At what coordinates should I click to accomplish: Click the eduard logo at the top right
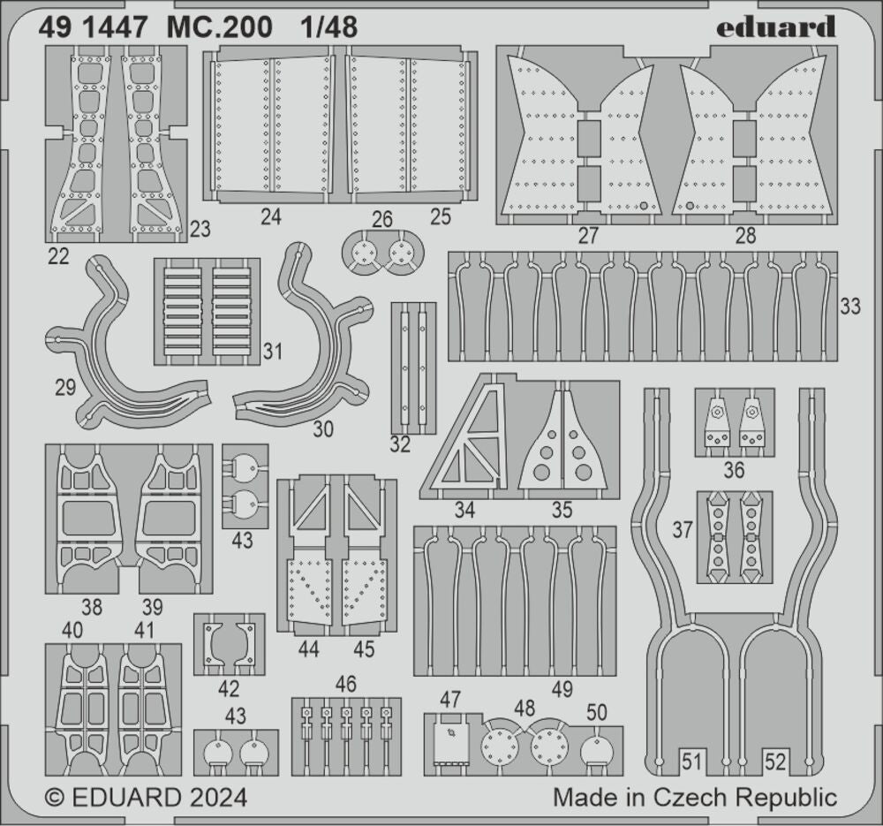click(775, 27)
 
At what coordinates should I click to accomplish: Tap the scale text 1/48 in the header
click(328, 27)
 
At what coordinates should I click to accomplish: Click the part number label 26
click(382, 218)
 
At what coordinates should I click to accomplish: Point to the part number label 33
click(850, 307)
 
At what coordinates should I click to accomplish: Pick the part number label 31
click(273, 352)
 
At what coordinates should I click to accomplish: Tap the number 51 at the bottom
click(693, 762)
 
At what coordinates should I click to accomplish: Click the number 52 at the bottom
click(775, 762)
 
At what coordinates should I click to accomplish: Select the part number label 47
click(450, 700)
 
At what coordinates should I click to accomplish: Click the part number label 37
click(683, 530)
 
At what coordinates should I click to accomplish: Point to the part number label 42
click(229, 689)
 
